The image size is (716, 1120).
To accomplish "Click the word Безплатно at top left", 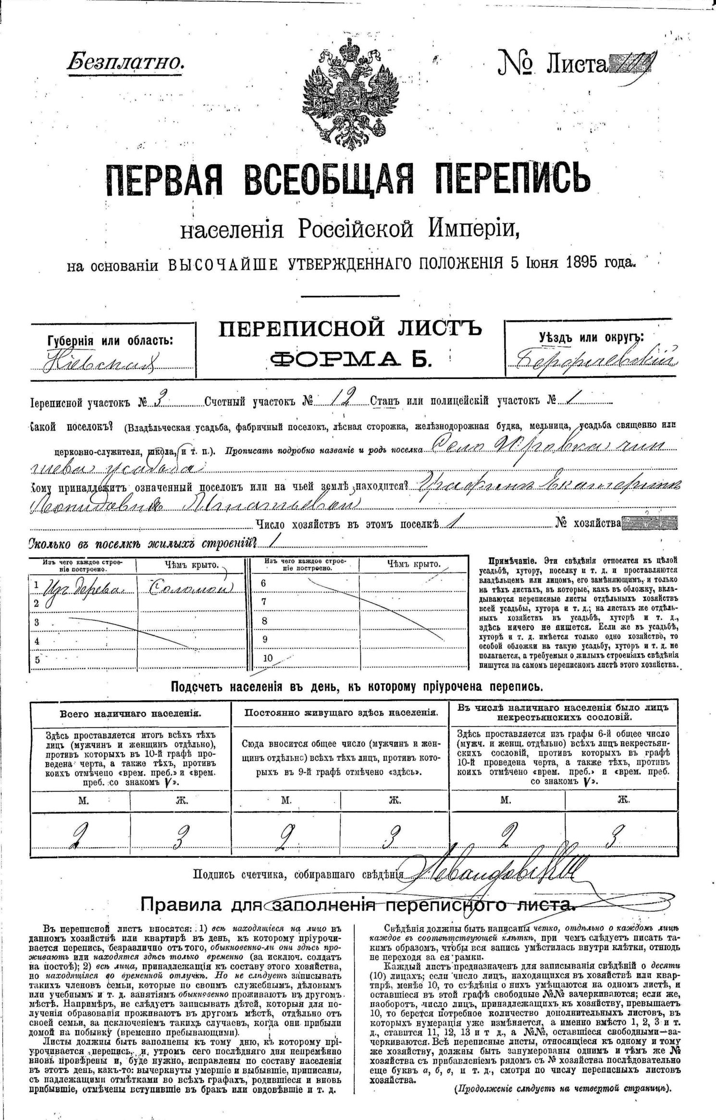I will (125, 61).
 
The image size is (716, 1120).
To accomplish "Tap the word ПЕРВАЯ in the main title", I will (163, 181).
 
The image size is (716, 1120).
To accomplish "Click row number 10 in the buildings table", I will (268, 658).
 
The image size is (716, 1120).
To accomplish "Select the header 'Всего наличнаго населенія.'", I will (130, 713).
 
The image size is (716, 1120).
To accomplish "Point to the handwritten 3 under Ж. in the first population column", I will (182, 837).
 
